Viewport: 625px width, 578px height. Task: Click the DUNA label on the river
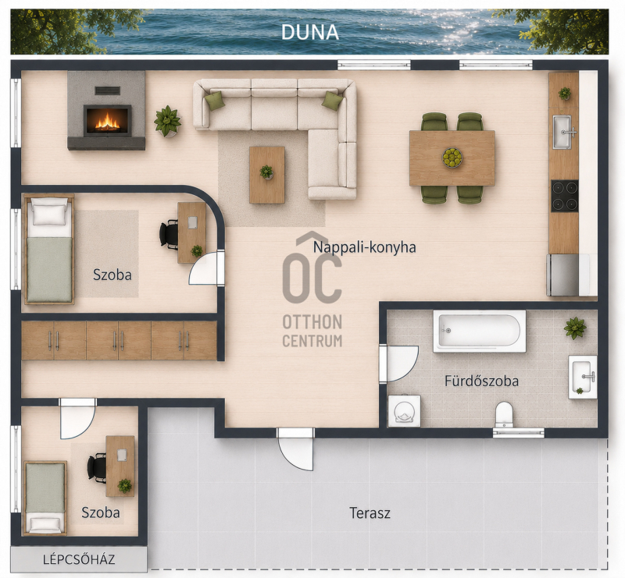click(309, 32)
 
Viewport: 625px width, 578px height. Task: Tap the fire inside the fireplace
click(107, 122)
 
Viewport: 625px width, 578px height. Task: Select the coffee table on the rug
click(267, 175)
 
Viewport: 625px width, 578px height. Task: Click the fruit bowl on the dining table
click(452, 158)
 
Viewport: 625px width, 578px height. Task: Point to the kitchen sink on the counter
click(562, 132)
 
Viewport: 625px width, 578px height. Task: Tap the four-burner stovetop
click(564, 196)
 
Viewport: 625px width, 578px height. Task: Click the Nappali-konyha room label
click(364, 247)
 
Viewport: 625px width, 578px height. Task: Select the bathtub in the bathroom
click(480, 332)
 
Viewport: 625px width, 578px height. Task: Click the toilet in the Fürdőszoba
click(504, 415)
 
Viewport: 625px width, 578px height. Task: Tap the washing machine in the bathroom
click(404, 411)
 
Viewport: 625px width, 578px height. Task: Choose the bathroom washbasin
click(582, 377)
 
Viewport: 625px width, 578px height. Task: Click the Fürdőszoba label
click(481, 381)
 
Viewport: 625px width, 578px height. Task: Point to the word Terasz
click(370, 512)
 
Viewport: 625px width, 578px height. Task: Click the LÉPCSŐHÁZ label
click(79, 559)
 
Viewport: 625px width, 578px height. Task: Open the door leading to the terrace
click(295, 449)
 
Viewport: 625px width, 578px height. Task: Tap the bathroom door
click(398, 363)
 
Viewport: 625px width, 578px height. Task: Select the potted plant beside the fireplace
click(167, 121)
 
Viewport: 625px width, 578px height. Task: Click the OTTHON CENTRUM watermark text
click(312, 331)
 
